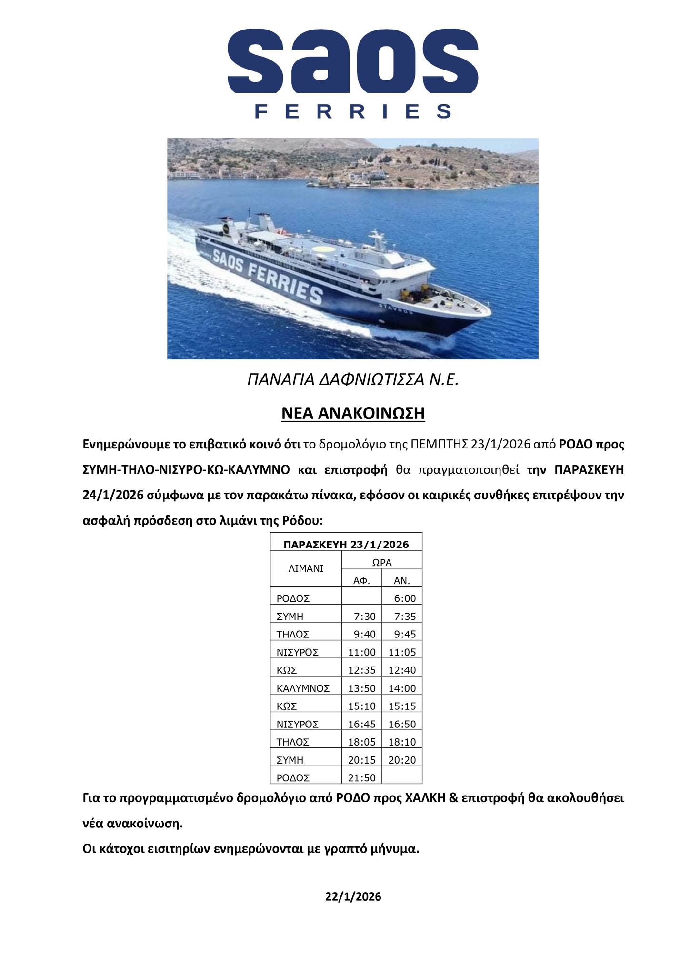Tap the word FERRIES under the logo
tap(353, 111)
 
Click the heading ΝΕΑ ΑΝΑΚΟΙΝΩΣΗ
tap(353, 413)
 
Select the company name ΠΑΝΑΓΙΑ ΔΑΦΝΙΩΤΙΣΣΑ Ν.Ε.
tap(353, 379)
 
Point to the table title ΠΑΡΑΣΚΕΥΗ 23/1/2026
tap(346, 545)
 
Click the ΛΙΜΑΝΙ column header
tap(306, 568)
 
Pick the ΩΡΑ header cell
tap(381, 562)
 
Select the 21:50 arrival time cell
tap(362, 777)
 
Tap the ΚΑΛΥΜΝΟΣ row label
tap(303, 688)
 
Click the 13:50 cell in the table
tap(362, 688)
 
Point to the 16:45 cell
tap(362, 724)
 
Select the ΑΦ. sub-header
tap(361, 580)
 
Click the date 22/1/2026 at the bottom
tap(353, 897)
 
